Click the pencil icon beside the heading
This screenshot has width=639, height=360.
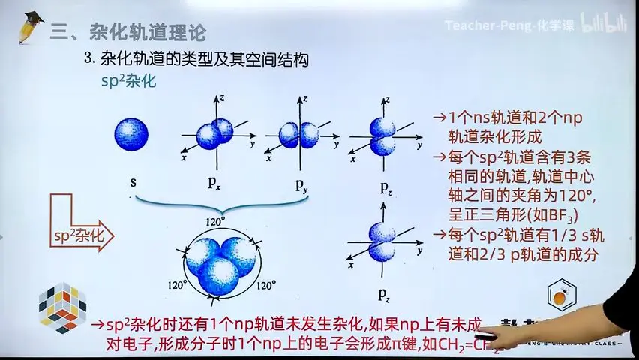tap(31, 28)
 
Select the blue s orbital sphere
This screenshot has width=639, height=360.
tap(132, 135)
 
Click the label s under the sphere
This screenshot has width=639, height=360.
tap(133, 182)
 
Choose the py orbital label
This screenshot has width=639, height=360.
tap(301, 185)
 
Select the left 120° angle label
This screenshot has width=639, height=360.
tap(177, 285)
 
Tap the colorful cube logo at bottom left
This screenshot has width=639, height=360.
tap(62, 308)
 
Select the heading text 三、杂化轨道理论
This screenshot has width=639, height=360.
tap(128, 32)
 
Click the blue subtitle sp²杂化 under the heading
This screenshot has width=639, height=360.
tap(128, 81)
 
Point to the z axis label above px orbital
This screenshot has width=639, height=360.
tap(223, 98)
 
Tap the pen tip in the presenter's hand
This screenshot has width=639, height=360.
tap(486, 335)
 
